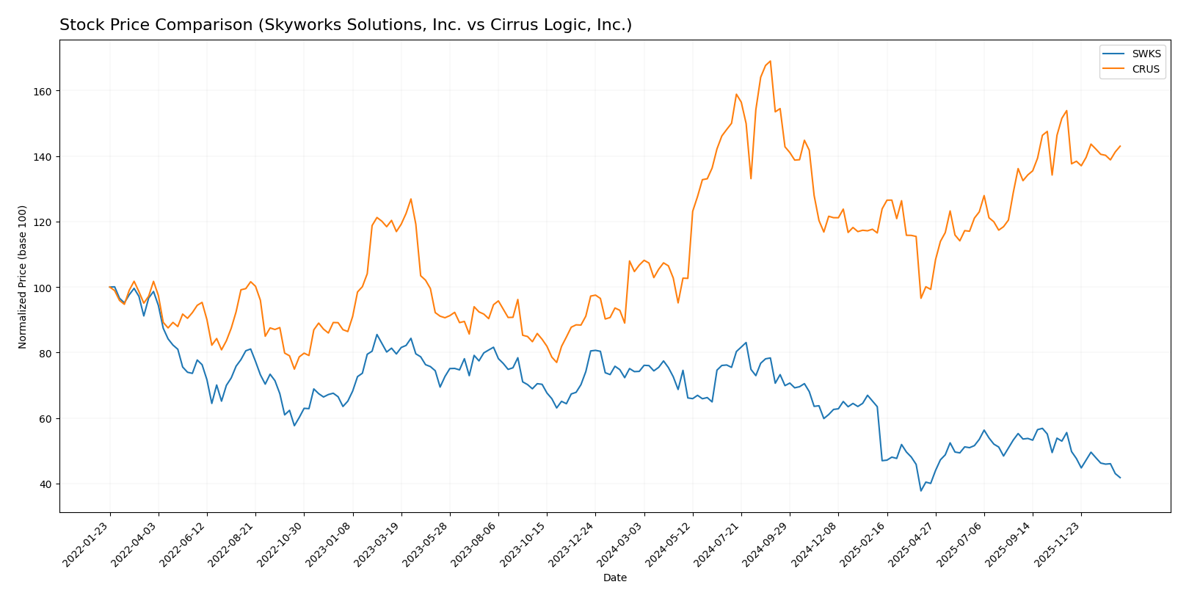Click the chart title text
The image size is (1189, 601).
pos(345,25)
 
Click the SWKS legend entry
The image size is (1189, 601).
pos(1145,54)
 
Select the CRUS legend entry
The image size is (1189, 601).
pos(1145,70)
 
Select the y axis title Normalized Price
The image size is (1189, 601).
pos(23,277)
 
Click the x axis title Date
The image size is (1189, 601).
pos(614,578)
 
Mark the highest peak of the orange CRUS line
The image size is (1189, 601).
pos(770,61)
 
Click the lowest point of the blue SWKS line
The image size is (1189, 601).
pos(920,491)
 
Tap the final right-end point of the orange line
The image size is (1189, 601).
pos(1120,146)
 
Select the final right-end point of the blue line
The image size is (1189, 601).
pos(1120,478)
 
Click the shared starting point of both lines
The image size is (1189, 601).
pos(110,287)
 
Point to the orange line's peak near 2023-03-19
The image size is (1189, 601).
pos(410,199)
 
